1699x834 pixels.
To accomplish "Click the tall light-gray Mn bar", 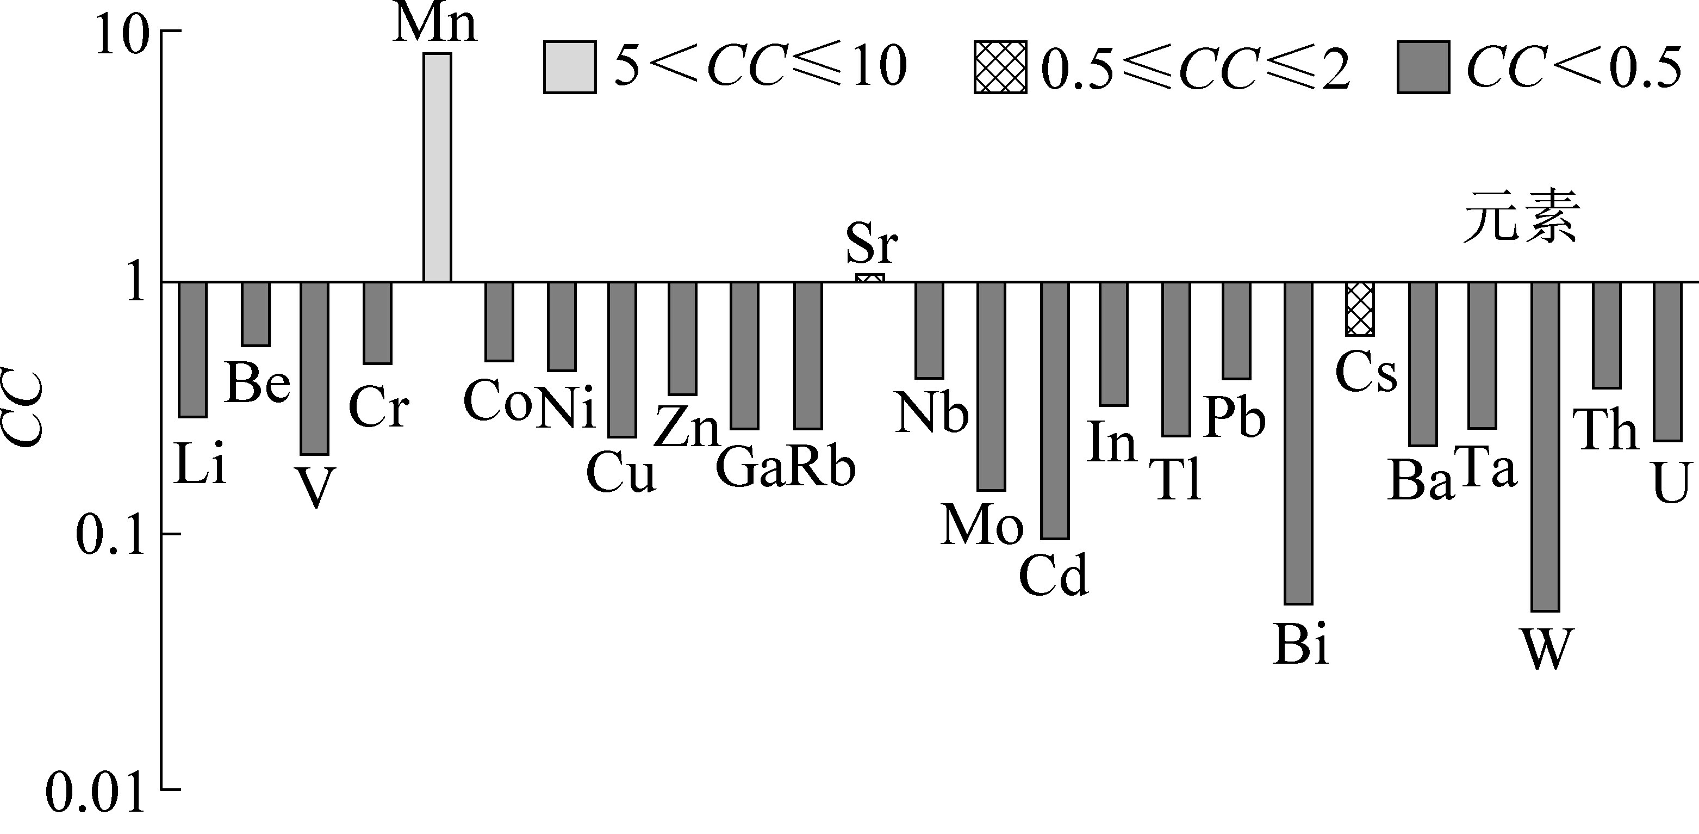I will (x=437, y=168).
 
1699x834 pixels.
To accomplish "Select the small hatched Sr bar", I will (x=869, y=278).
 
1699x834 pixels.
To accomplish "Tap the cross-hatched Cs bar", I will (x=1359, y=309).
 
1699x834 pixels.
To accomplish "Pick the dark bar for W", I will (x=1545, y=446).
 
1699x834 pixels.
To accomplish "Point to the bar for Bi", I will (x=1299, y=443).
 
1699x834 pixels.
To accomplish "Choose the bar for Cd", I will (x=1055, y=410).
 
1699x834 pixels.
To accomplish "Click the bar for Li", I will (x=193, y=350).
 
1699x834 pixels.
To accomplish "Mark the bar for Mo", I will (x=991, y=386).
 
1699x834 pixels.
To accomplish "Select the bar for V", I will (x=315, y=368).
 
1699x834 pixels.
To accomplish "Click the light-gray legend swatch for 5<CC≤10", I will (x=570, y=67).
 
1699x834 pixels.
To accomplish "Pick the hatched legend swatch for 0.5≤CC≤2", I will (x=1000, y=67).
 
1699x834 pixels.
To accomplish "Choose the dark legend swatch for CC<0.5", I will (x=1423, y=67).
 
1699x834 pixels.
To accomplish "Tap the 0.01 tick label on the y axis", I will (x=94, y=792).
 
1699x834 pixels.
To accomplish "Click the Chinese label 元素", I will (x=1520, y=217).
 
